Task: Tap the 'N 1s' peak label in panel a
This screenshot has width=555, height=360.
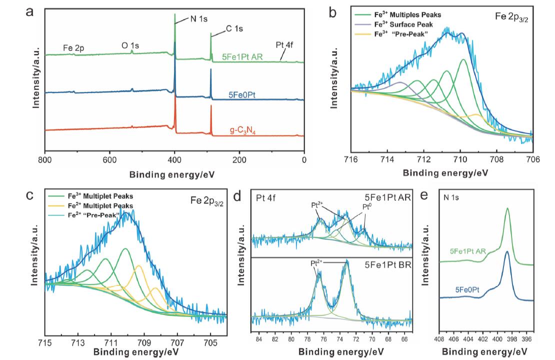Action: [x=197, y=19]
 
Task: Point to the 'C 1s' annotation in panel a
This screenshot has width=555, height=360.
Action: [x=233, y=29]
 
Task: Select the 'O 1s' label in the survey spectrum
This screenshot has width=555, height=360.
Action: [x=130, y=45]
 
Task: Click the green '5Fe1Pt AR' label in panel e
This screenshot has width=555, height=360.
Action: [x=468, y=252]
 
